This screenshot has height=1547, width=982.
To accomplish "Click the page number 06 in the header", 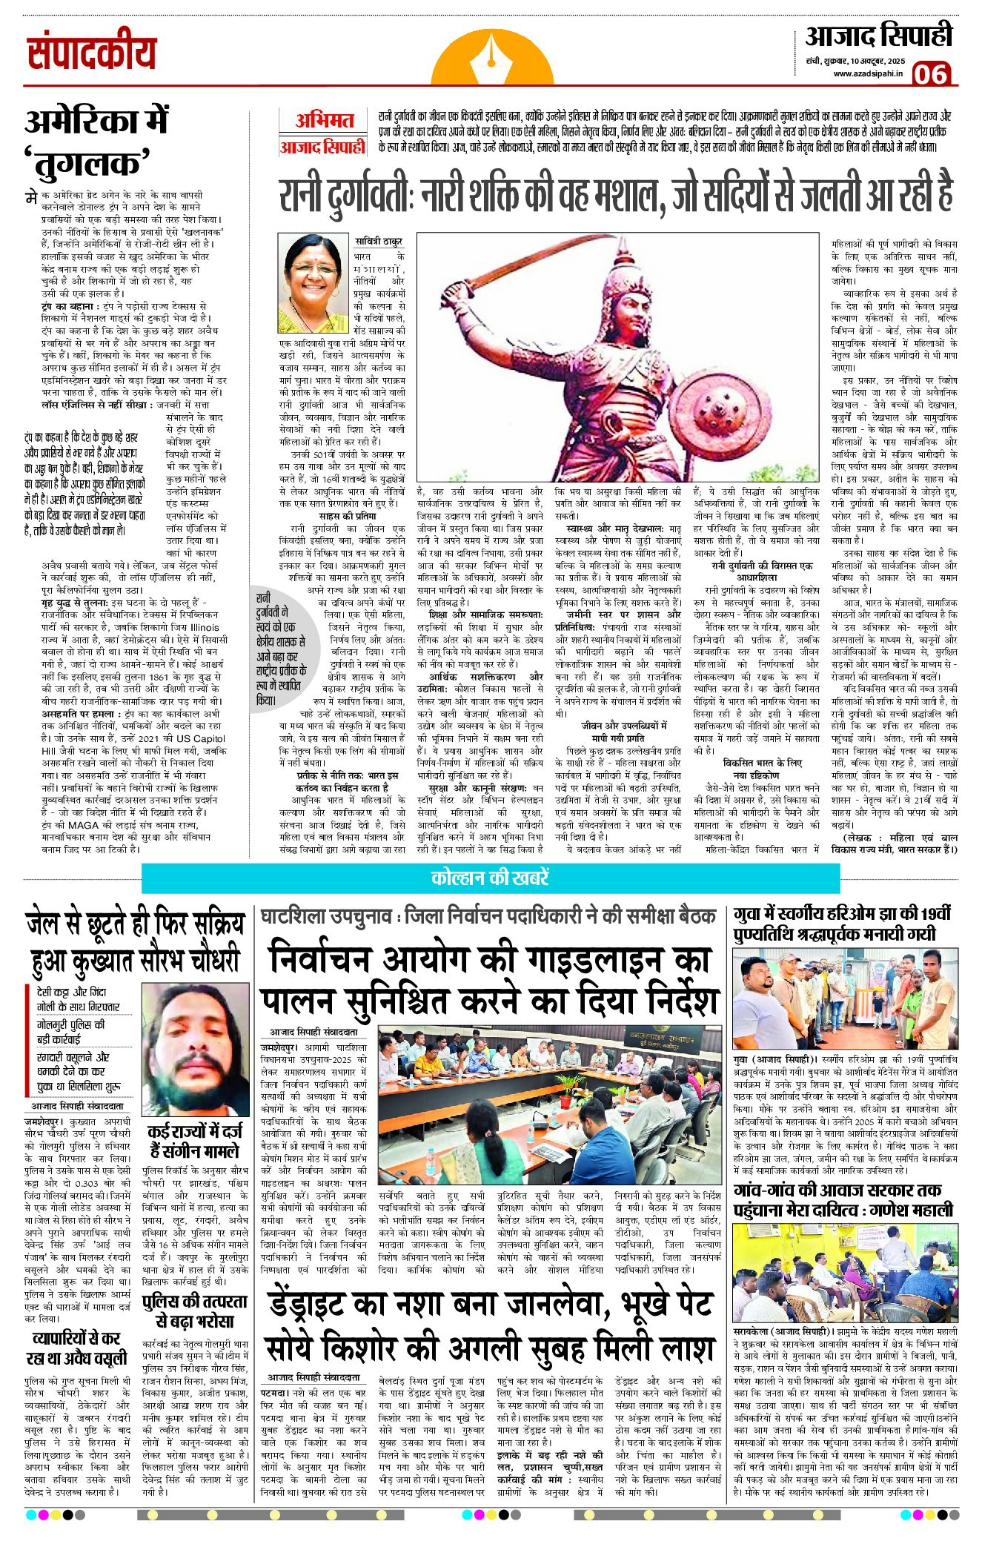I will [932, 74].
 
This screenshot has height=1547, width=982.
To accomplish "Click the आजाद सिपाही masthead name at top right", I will [878, 36].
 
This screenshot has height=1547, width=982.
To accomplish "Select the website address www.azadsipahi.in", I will [868, 73].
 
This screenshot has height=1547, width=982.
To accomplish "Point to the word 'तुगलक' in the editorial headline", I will [87, 162].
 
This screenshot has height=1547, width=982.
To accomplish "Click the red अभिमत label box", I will [324, 121].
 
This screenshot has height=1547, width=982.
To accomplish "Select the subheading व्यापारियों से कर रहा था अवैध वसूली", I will [77, 1348].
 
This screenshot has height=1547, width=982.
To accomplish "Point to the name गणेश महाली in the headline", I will [914, 1210].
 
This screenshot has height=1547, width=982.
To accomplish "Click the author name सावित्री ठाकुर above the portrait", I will [378, 239].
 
